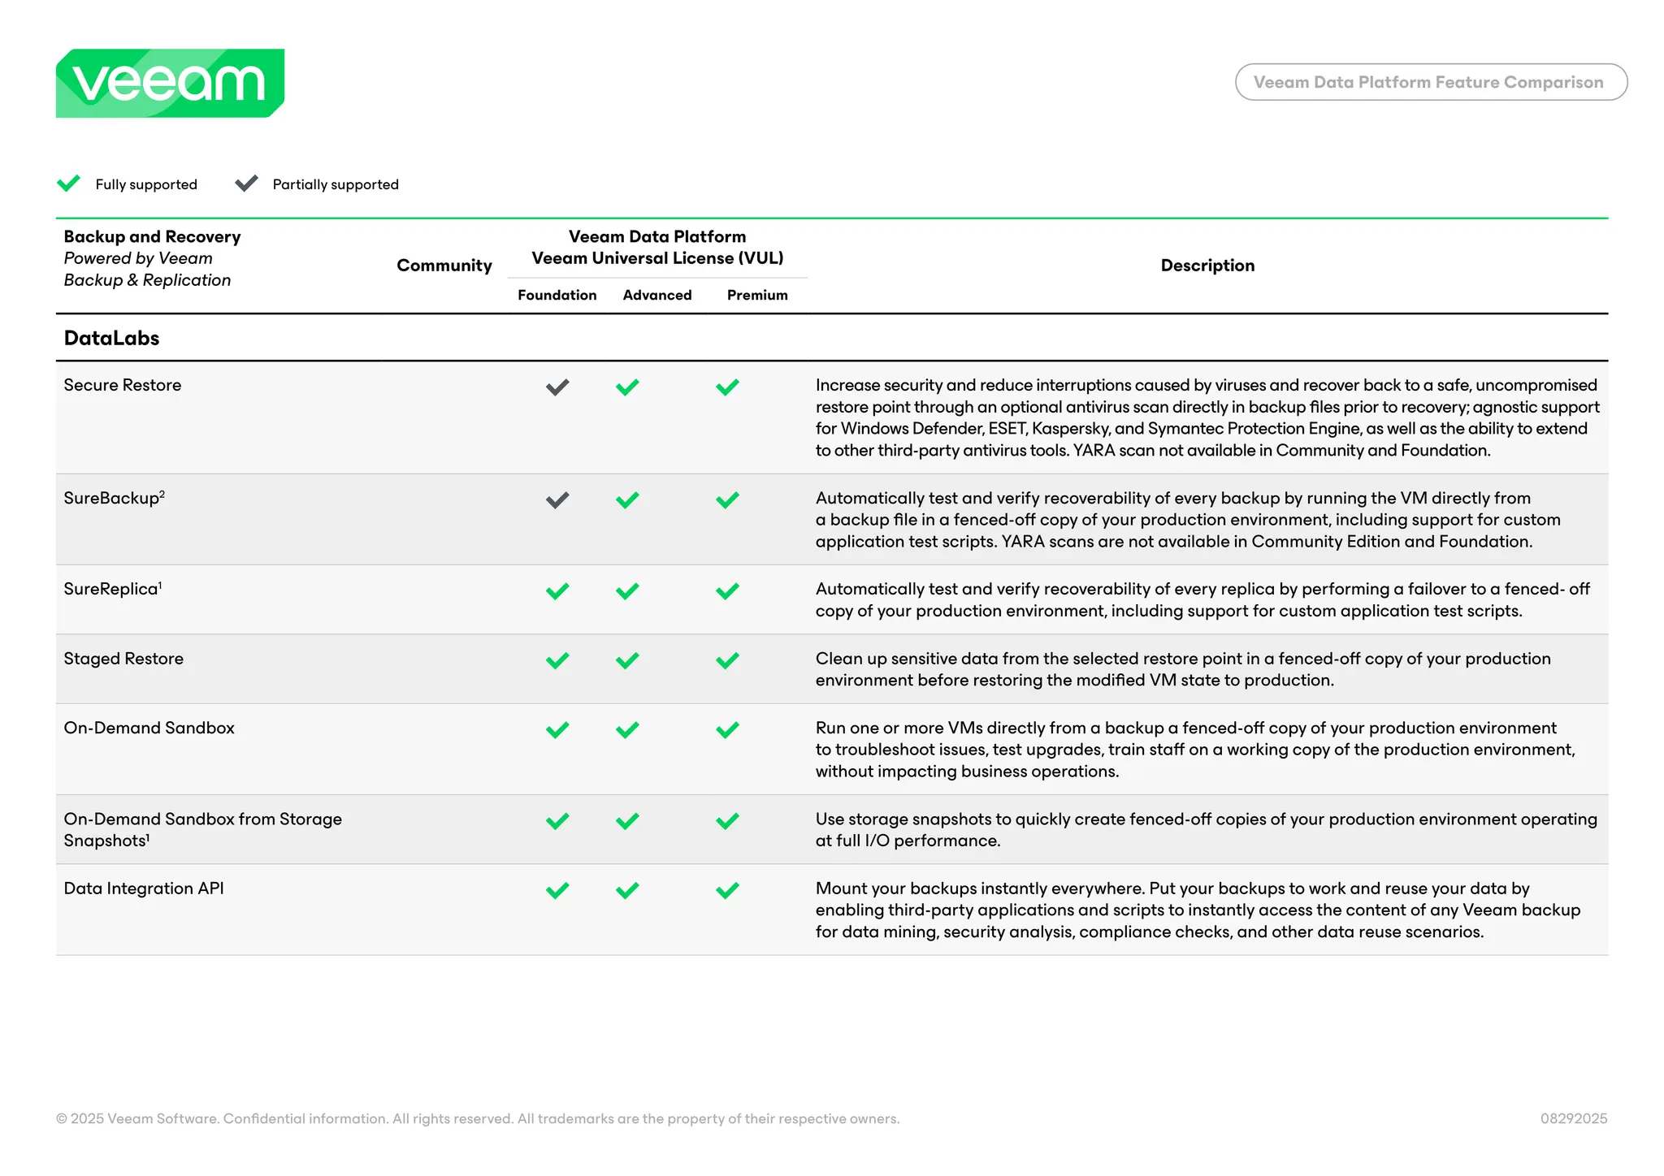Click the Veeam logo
pos(170,83)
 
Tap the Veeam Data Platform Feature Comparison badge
pos(1430,82)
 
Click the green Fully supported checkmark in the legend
pos(69,184)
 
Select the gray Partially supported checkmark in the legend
pos(246,184)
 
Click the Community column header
pos(444,266)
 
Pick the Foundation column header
pos(557,295)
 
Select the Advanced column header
pos(656,295)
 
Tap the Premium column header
pos(756,295)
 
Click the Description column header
pos(1207,266)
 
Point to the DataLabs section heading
pos(111,338)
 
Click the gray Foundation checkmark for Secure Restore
pos(557,387)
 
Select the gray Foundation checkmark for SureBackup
pos(557,500)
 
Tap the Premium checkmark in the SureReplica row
pos(727,591)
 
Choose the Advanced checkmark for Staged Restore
pos(627,661)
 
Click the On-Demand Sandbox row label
pos(149,728)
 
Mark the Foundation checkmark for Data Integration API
pos(557,891)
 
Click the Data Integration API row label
pos(144,888)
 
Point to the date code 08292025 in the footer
pos(1573,1118)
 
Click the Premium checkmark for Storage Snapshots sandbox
pos(727,821)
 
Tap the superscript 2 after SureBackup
pos(162,494)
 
